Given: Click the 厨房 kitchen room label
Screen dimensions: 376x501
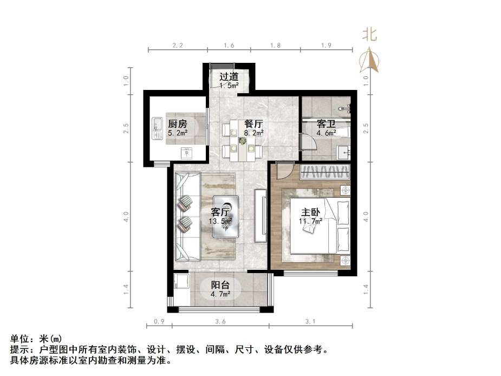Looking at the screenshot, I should click(177, 123).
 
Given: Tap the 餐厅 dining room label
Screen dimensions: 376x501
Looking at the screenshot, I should click(253, 123).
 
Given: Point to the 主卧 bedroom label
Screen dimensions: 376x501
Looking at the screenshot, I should click(310, 212).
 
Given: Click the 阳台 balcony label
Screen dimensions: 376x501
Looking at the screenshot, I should click(220, 286).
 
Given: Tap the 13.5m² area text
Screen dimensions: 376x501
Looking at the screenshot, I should click(221, 221).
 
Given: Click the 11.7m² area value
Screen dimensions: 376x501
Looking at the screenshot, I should click(310, 221).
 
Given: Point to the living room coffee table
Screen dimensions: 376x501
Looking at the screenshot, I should click(226, 216).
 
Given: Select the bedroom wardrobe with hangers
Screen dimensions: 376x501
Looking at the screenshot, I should click(326, 172).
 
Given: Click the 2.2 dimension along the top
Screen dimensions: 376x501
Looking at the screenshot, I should click(177, 46).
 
